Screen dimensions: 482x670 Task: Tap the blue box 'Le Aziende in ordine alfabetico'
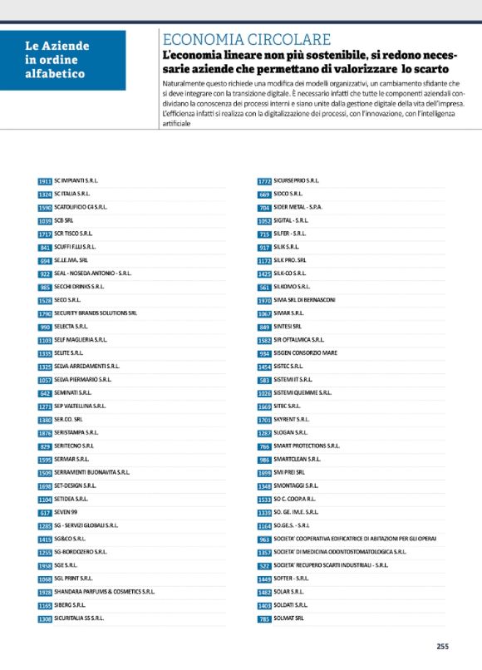(63, 60)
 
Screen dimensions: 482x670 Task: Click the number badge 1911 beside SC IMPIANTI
(45, 180)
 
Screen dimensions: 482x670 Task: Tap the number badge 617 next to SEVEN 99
(45, 513)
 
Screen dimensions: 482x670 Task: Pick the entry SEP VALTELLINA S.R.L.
(80, 406)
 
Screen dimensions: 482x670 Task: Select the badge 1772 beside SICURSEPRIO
(264, 180)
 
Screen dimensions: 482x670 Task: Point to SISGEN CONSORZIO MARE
(306, 352)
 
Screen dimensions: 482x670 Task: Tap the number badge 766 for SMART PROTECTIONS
(264, 446)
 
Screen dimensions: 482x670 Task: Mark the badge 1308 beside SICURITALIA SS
(45, 618)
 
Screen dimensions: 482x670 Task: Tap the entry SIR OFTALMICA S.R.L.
(302, 339)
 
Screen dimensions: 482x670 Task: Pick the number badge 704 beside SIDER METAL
(264, 207)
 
